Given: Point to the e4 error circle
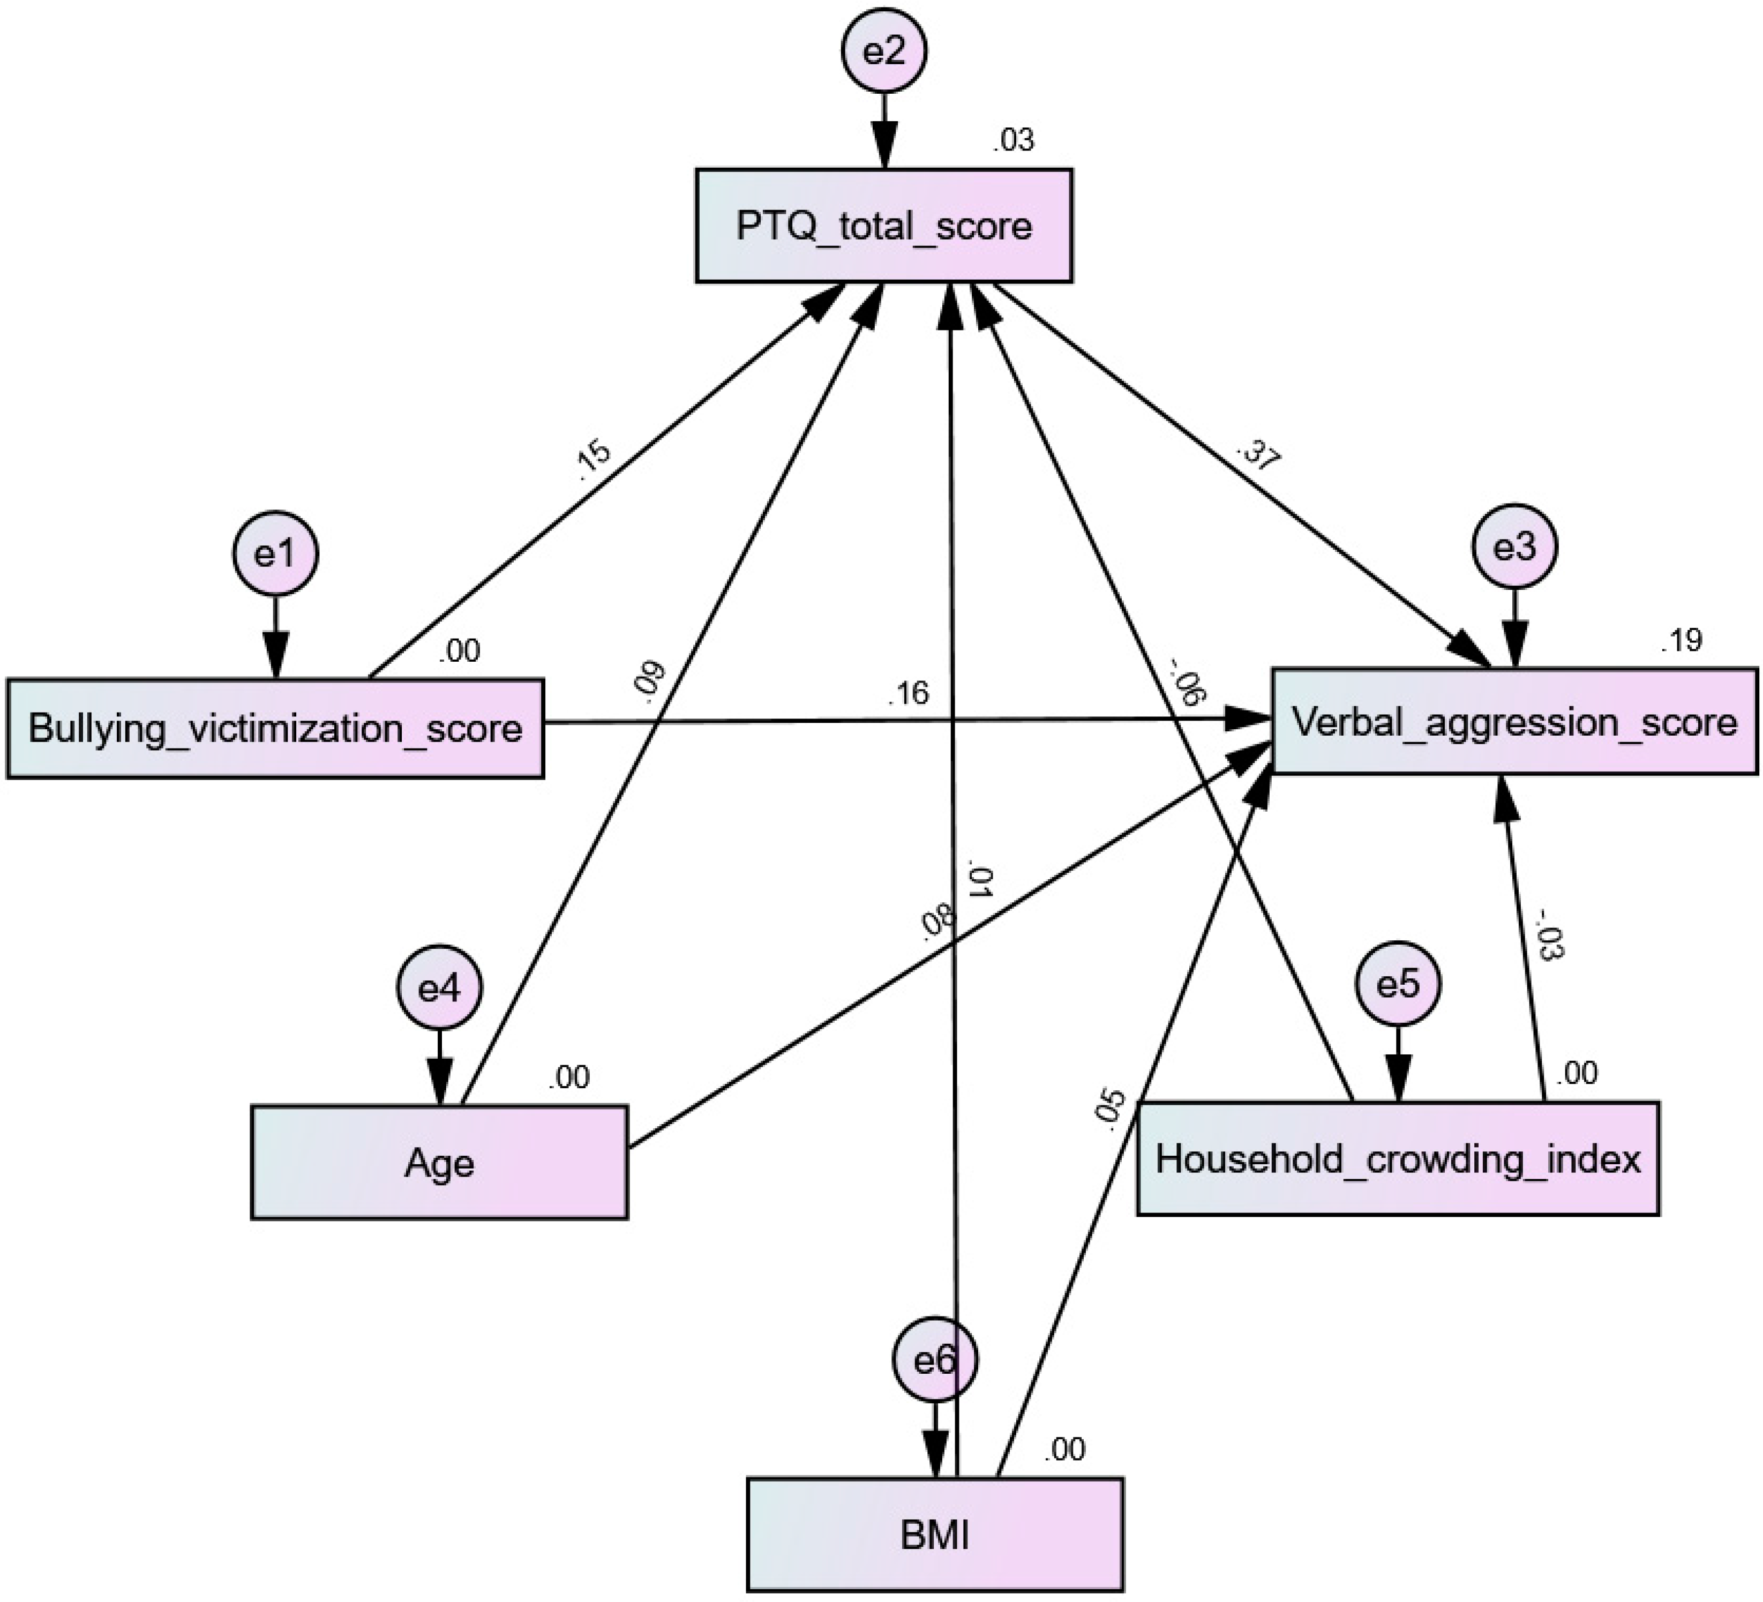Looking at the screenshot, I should coord(439,988).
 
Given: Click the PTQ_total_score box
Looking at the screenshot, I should coord(883,226).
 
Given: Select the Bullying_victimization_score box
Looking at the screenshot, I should coord(275,728).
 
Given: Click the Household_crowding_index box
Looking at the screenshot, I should coord(1398,1159).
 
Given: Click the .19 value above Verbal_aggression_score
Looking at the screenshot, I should coord(1681,641).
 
